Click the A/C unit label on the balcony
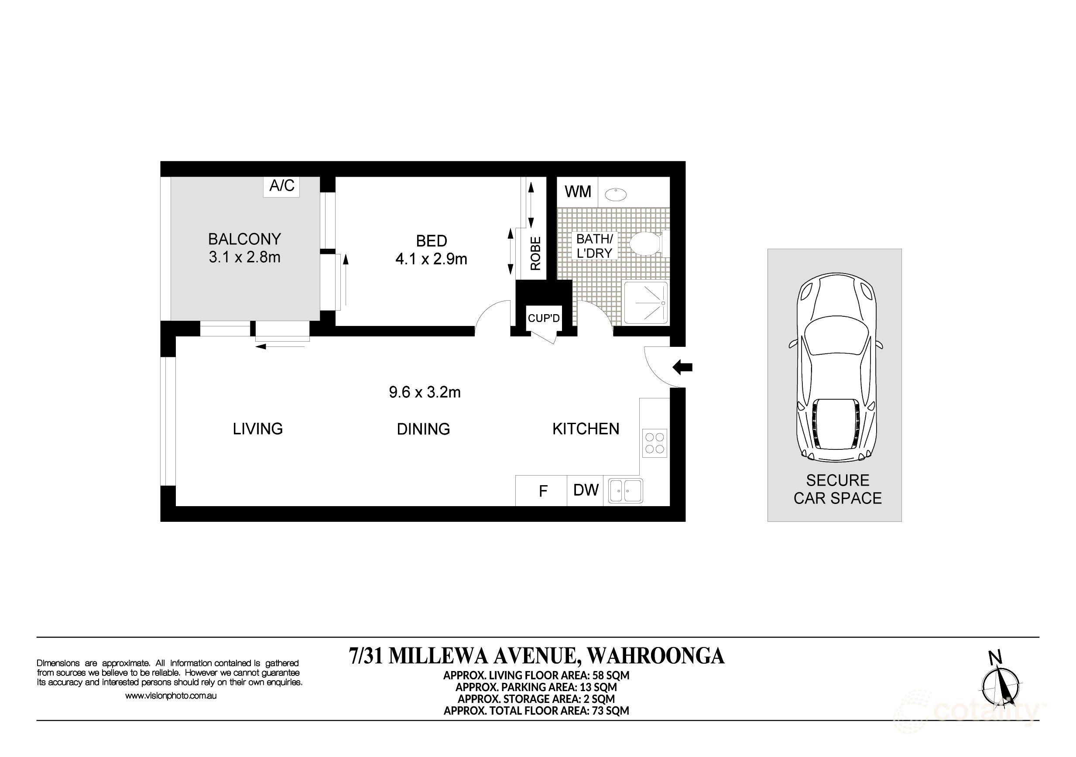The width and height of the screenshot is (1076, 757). pos(281,185)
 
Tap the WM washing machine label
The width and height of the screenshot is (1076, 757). pos(578,192)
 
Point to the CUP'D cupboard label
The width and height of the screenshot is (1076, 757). pos(544,318)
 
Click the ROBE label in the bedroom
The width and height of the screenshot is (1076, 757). pos(535,253)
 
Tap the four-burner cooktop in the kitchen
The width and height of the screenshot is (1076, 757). pos(655,443)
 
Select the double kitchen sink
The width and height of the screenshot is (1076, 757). pos(625,491)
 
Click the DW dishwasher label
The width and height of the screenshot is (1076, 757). pos(586,490)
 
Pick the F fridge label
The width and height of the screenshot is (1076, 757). pos(543,491)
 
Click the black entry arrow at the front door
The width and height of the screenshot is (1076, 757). pos(682,367)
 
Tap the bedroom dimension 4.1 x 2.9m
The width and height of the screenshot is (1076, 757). pos(431,259)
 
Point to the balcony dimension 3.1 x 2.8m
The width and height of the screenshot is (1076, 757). pos(245,257)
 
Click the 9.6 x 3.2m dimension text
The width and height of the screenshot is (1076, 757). pos(425,392)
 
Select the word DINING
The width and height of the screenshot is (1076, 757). pos(423,429)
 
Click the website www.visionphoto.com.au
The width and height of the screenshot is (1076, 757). pos(171,696)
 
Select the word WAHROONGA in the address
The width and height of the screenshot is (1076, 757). pos(656,656)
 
